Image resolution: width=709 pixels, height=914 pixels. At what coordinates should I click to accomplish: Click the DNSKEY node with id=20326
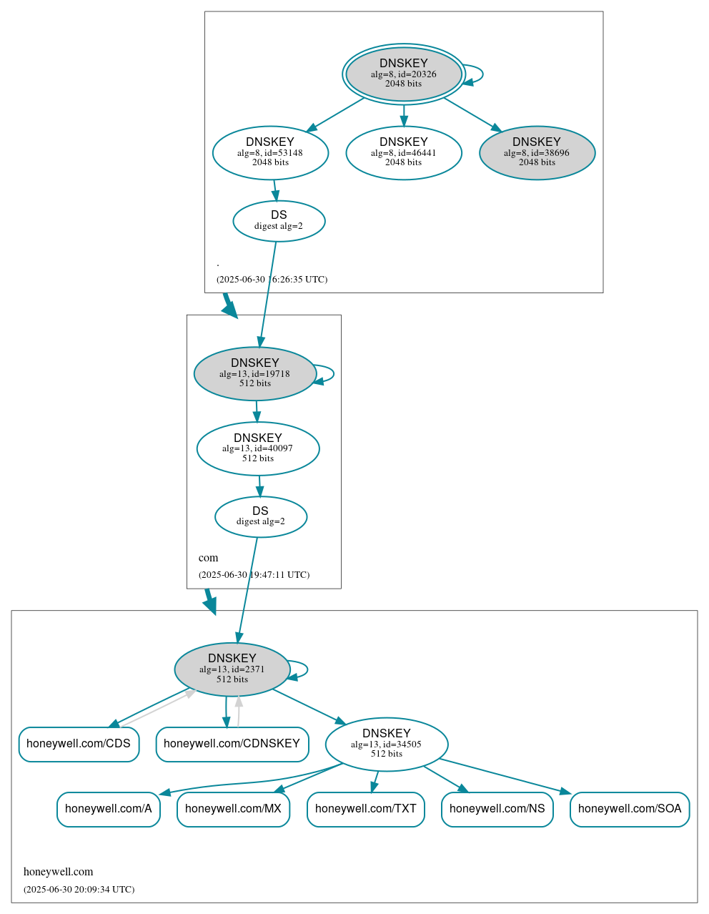tap(404, 74)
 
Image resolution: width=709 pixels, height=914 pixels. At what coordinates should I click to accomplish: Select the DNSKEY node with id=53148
tap(270, 152)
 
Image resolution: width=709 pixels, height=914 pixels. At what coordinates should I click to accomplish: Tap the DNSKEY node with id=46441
tap(404, 152)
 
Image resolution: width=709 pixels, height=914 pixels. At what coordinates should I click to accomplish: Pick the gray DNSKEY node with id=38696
tap(537, 152)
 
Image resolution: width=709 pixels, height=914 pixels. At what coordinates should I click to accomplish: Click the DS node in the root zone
tap(279, 221)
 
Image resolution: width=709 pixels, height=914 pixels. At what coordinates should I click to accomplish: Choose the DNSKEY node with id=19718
tap(255, 373)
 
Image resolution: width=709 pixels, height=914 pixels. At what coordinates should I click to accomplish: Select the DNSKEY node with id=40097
tap(258, 448)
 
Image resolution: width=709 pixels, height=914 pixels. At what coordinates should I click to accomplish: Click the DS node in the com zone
tap(261, 516)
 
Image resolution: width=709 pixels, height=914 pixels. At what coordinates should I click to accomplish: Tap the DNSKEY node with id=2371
tap(232, 669)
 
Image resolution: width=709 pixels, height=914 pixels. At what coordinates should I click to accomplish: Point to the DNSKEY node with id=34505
tap(387, 744)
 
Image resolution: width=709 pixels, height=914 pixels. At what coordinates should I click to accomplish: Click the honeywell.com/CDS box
tap(79, 744)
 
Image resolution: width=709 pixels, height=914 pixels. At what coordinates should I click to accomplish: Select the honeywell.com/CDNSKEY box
tap(232, 744)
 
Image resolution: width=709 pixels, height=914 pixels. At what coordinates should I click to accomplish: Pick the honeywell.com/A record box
tap(109, 809)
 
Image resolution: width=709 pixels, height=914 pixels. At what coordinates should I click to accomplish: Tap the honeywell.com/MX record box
tap(233, 809)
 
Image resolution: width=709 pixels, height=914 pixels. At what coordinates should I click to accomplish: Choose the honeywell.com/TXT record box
tap(366, 809)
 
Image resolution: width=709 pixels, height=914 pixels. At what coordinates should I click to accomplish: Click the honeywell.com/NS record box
tap(497, 809)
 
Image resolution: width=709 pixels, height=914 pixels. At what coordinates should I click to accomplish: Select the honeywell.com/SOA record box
tap(630, 809)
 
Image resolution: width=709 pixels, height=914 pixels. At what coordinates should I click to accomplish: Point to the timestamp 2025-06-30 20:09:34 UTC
tap(79, 890)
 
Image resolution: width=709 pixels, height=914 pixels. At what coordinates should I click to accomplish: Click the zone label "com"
tap(209, 558)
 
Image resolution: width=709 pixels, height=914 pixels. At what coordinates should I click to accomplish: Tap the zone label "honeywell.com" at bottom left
tap(59, 872)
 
